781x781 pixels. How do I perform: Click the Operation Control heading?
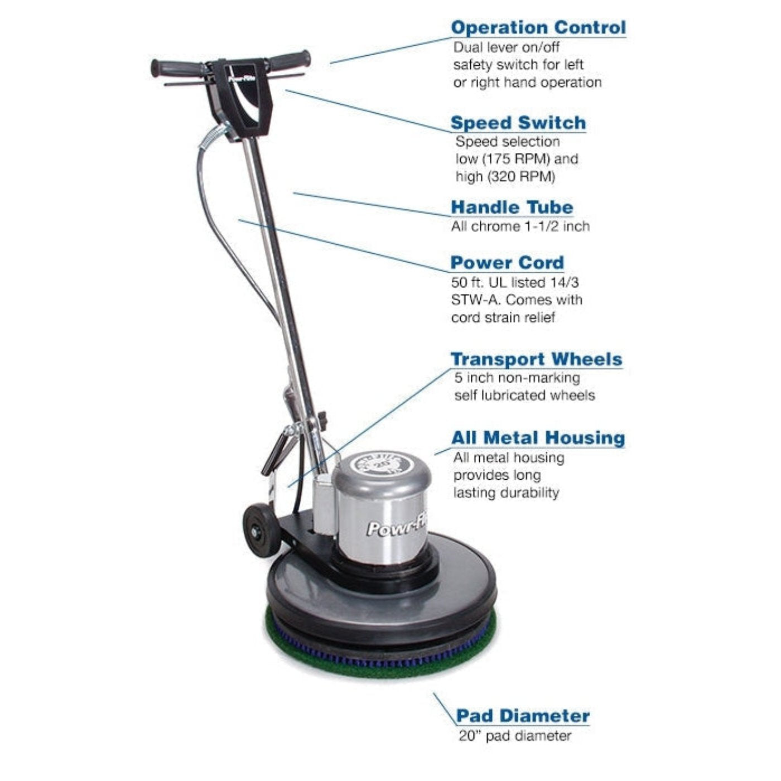[538, 27]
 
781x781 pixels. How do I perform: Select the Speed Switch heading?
[518, 123]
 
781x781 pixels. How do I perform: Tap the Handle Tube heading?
[512, 207]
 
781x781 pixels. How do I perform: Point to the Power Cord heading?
[507, 263]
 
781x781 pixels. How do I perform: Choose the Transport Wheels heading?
[537, 359]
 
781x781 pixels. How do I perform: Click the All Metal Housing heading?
[538, 438]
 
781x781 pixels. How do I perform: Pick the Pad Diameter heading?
[523, 716]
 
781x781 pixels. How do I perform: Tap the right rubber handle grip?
[289, 60]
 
